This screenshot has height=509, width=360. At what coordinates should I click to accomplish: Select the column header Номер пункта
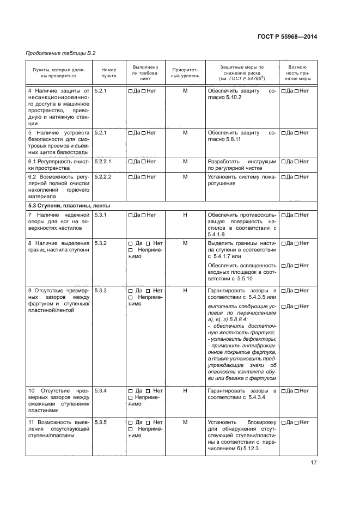(x=109, y=73)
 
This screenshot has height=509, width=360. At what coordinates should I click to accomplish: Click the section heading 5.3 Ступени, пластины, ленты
(x=69, y=206)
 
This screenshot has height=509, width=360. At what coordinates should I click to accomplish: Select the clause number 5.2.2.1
(x=103, y=162)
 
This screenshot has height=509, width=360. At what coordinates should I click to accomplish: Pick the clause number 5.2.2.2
(x=103, y=176)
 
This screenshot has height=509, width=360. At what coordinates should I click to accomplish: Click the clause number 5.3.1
(x=100, y=215)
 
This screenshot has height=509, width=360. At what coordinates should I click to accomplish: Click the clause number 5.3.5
(x=100, y=422)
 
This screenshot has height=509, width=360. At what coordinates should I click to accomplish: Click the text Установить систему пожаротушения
(x=241, y=180)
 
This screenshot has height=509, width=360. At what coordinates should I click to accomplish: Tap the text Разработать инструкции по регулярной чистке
(x=241, y=165)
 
